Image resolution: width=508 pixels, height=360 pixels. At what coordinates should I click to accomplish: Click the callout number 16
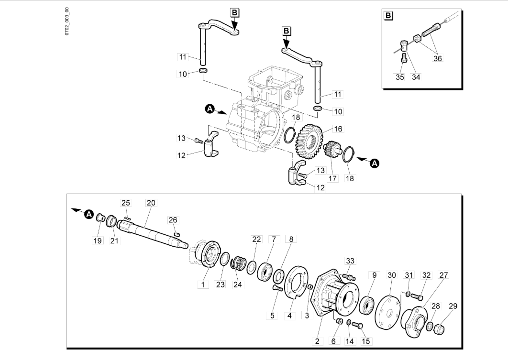pyautogui.click(x=338, y=129)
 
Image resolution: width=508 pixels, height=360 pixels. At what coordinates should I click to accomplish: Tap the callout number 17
pyautogui.click(x=332, y=178)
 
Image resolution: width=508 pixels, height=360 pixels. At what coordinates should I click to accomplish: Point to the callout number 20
pyautogui.click(x=151, y=203)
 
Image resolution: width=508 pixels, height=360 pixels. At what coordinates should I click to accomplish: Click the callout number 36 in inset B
pyautogui.click(x=438, y=59)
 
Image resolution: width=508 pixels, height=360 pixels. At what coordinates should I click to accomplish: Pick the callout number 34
pyautogui.click(x=416, y=76)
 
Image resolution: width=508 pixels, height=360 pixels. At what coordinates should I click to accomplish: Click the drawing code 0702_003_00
pyautogui.click(x=67, y=22)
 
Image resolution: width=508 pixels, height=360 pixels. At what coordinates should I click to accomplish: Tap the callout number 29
pyautogui.click(x=453, y=306)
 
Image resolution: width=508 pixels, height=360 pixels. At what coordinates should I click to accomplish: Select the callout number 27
pyautogui.click(x=443, y=275)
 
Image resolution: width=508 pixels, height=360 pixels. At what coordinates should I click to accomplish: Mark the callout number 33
pyautogui.click(x=351, y=261)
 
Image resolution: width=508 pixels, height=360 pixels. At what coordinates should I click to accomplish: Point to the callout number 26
pyautogui.click(x=173, y=220)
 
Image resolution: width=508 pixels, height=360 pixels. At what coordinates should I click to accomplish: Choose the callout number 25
pyautogui.click(x=125, y=203)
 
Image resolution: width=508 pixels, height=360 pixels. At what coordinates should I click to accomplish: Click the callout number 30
pyautogui.click(x=392, y=275)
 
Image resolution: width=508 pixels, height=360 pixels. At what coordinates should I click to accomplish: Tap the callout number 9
pyautogui.click(x=374, y=275)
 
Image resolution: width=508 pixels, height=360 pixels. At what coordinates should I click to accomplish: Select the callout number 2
pyautogui.click(x=317, y=341)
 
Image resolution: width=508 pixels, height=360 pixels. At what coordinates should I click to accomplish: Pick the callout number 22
pyautogui.click(x=257, y=239)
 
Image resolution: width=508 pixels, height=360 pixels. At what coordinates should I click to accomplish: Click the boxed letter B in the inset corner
pyautogui.click(x=388, y=16)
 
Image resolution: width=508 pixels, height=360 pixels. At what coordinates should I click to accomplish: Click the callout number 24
pyautogui.click(x=238, y=284)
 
